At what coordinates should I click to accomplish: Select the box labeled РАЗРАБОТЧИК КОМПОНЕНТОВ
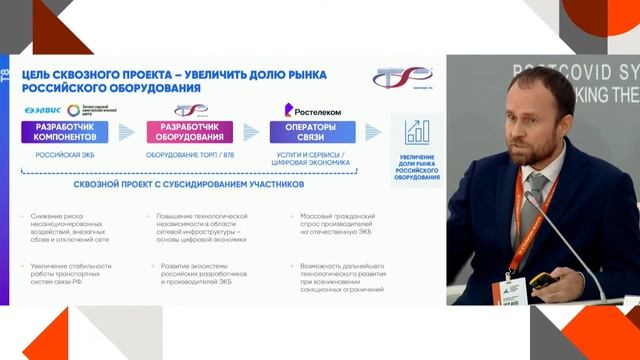(65, 132)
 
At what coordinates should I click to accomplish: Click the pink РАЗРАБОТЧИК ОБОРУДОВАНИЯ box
(190, 132)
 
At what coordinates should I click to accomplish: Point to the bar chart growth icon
(417, 132)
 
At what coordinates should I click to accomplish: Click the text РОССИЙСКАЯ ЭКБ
(65, 156)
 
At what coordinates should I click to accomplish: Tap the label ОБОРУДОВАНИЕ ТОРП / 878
(190, 156)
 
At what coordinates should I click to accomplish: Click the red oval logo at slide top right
(402, 77)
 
